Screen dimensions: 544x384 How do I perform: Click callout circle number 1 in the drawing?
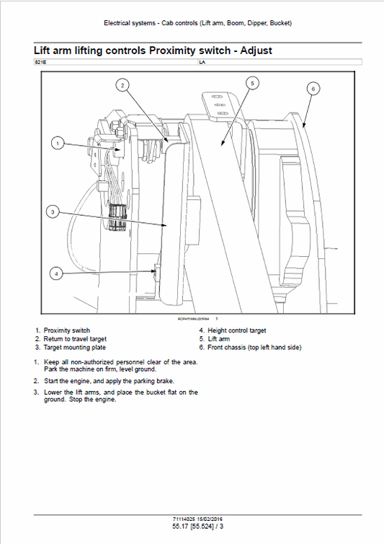pos(58,143)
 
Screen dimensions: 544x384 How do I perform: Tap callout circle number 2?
pos(124,85)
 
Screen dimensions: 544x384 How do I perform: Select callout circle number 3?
pos(53,211)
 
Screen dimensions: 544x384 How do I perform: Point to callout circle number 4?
pos(58,273)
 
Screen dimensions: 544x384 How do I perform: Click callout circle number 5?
pos(251,83)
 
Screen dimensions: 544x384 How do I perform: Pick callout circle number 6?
pos(313,89)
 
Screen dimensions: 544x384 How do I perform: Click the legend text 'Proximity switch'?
pos(66,330)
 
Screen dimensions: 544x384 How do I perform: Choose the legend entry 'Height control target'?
pos(237,330)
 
